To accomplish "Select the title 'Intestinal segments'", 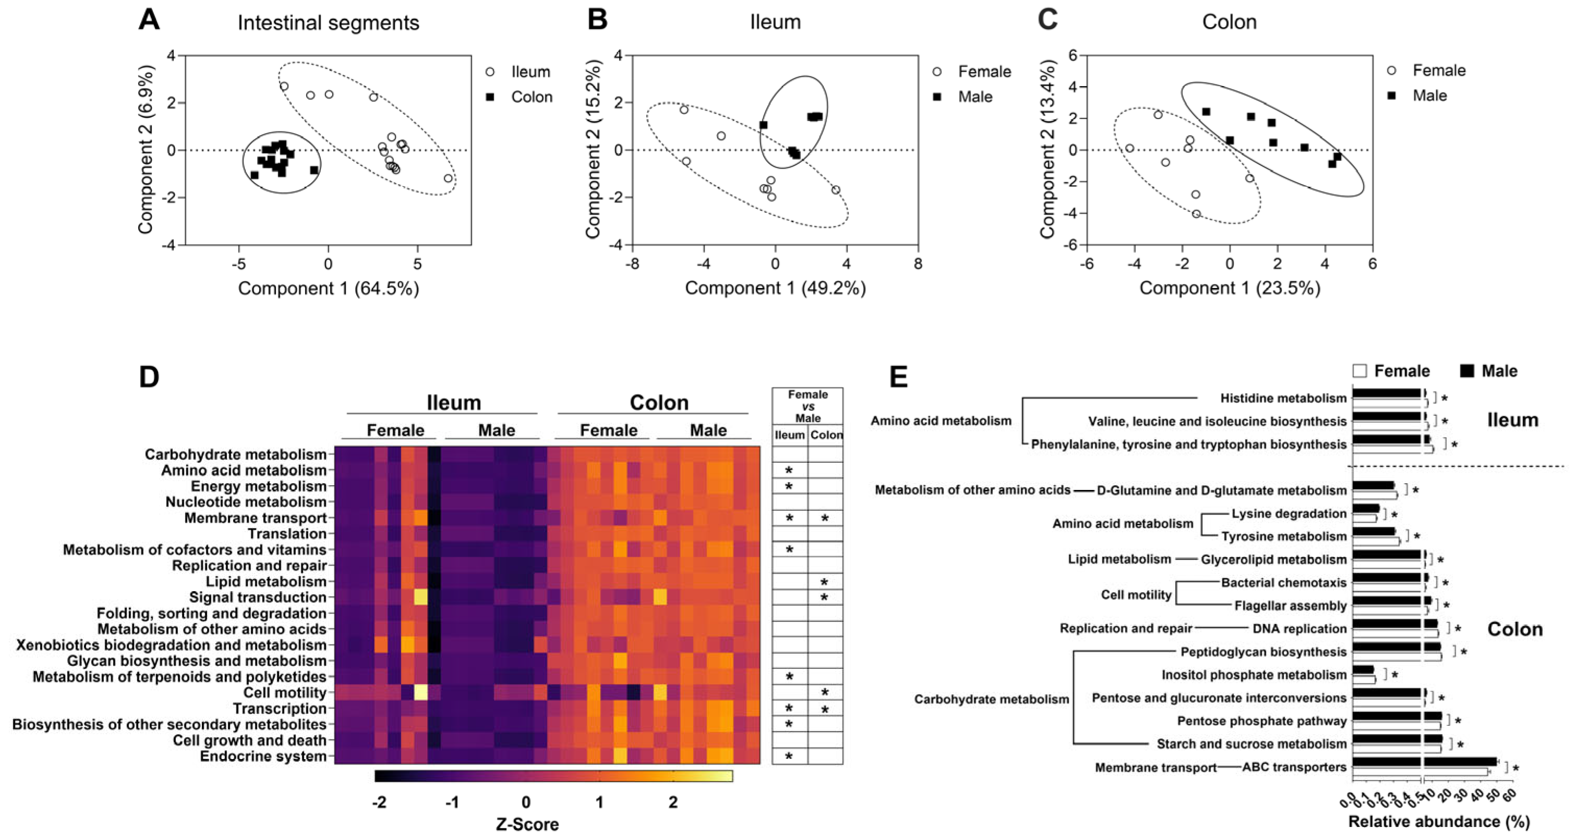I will (x=328, y=22).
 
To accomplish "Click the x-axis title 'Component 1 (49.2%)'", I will (x=775, y=288).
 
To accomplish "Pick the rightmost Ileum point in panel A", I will (x=448, y=178).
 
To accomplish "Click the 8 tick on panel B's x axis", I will (x=918, y=263).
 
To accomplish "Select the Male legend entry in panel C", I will (x=1430, y=95).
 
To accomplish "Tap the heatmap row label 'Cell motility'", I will (x=285, y=692).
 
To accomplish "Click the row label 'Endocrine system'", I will (x=263, y=756).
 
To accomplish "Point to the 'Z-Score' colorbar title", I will (x=527, y=824).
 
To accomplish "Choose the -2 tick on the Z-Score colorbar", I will (x=379, y=802).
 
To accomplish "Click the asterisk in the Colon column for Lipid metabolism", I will (x=825, y=582).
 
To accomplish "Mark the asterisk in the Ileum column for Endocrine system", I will (x=789, y=757).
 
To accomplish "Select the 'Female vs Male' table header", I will (x=807, y=406).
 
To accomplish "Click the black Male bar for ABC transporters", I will (x=1424, y=761).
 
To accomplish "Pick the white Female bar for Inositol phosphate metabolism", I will (x=1363, y=679).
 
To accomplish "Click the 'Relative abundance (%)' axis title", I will (x=1438, y=821).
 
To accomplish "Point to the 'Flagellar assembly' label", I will (x=1290, y=606).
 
